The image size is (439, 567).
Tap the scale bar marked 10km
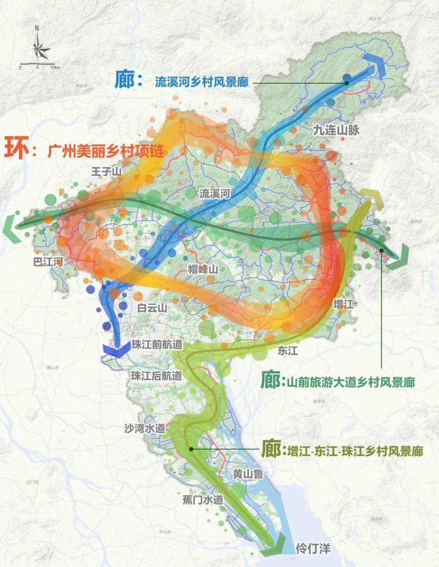coord(39,64)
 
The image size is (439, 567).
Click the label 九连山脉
coord(336,130)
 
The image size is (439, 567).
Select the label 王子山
coord(106,172)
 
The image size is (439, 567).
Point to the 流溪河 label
coord(214,194)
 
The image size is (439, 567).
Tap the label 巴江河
coord(48,262)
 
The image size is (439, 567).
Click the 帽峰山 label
coord(203,269)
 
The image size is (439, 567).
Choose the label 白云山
coord(152,308)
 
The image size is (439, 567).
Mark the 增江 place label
coord(343,303)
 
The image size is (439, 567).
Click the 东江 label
coord(287,351)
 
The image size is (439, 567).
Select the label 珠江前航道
coord(156,345)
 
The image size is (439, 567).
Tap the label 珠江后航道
coord(156,376)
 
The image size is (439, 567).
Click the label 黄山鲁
coord(248,474)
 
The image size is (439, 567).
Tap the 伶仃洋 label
coord(313,549)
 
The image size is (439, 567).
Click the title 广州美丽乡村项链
coord(106,151)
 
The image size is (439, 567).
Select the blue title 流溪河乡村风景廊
coord(202,82)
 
